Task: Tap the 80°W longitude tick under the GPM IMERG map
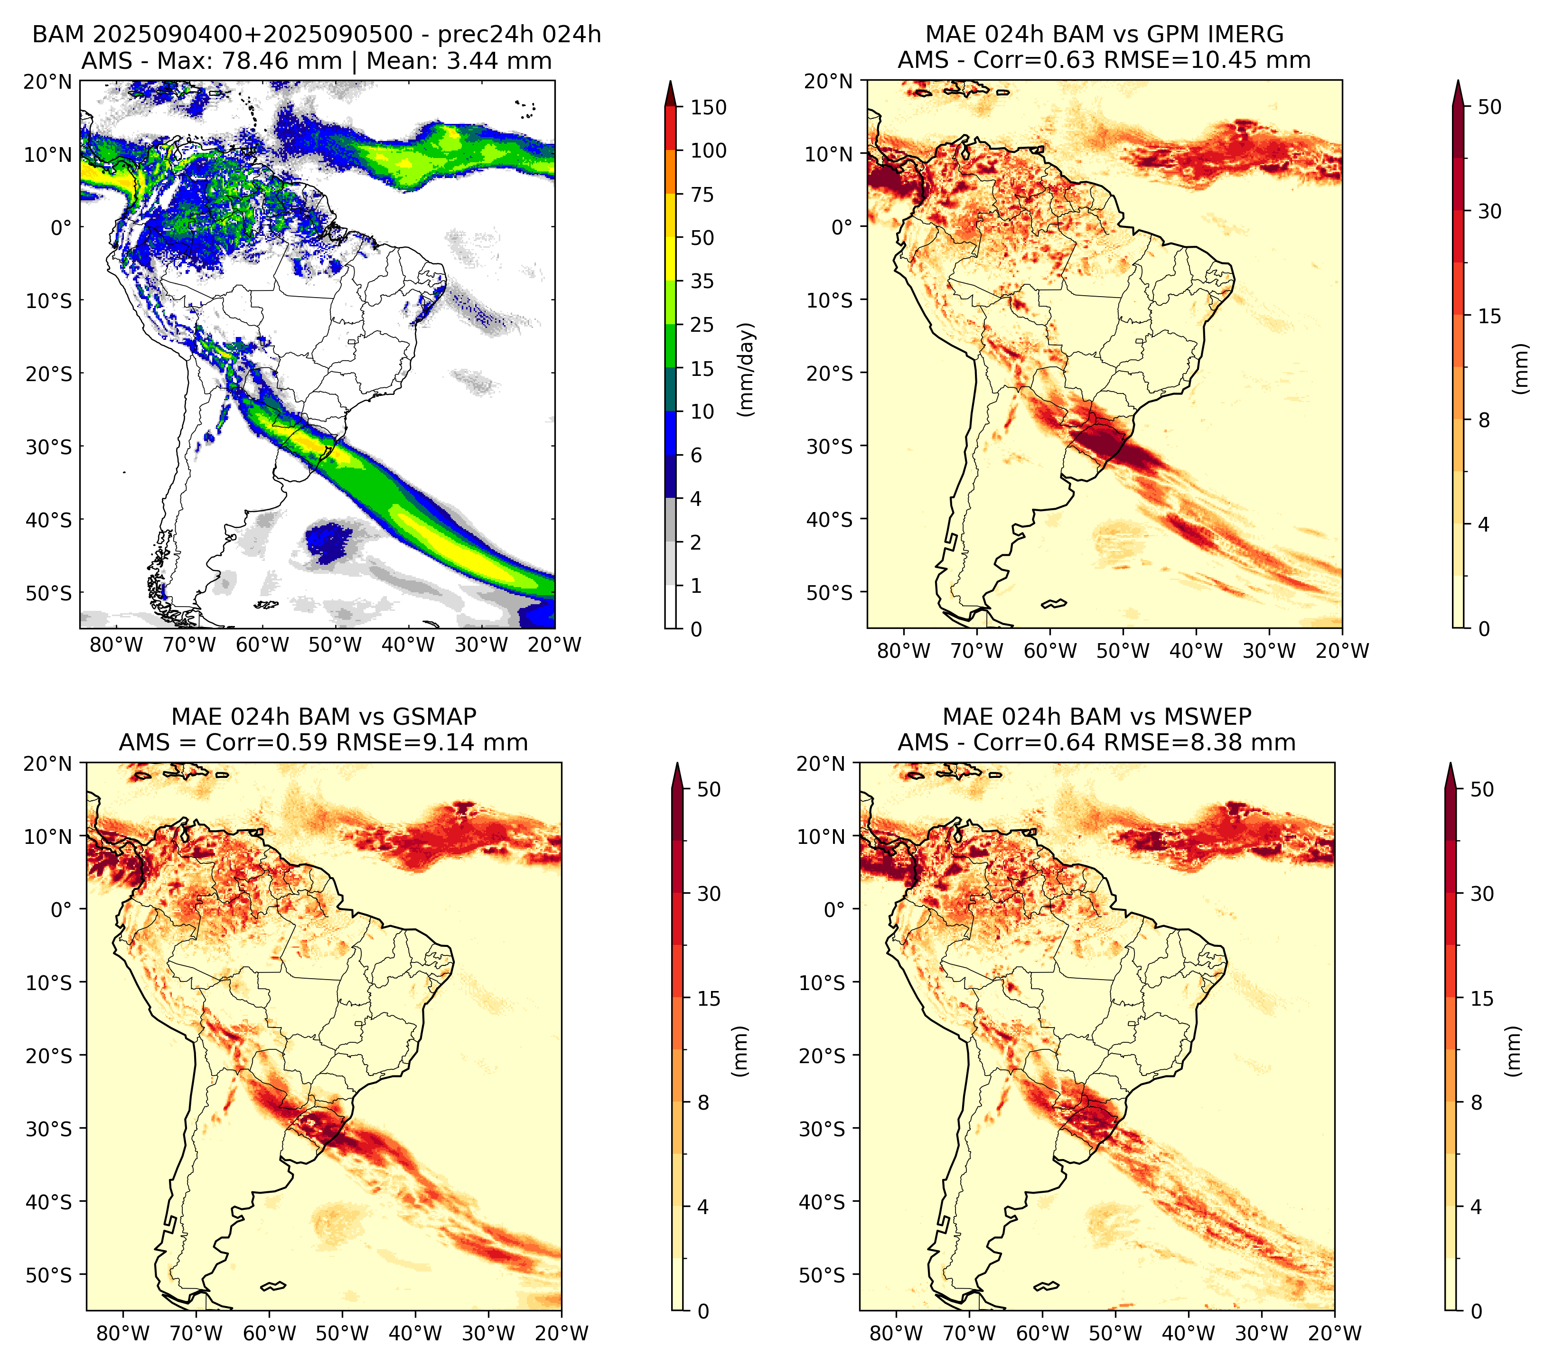click(903, 651)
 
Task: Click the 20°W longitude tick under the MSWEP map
click(1334, 1333)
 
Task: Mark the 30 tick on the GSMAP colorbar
click(709, 894)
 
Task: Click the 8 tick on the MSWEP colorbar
click(1476, 1103)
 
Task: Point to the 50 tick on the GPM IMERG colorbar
click(1489, 107)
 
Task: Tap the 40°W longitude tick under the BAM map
click(408, 645)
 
